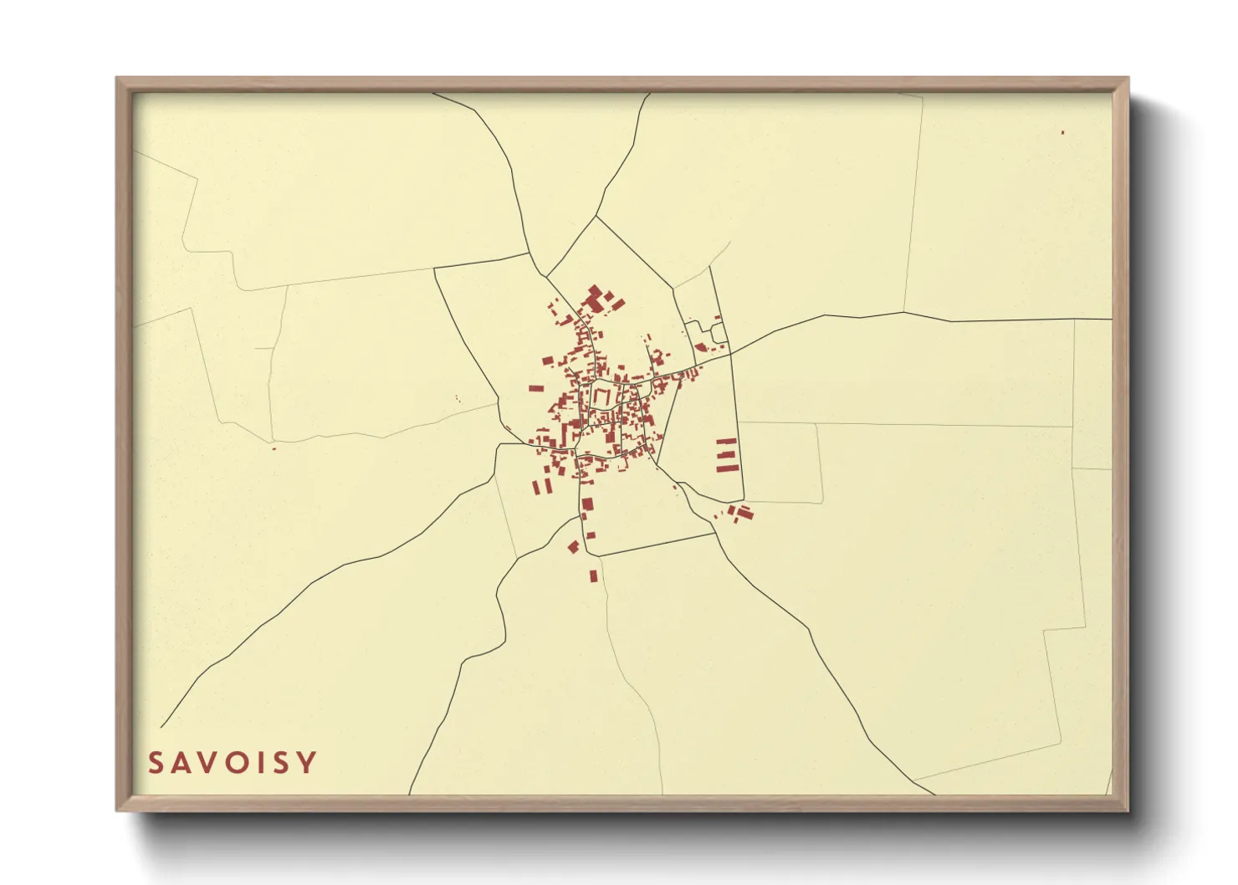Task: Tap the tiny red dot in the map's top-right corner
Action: [x=1062, y=132]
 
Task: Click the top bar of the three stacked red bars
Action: [x=726, y=440]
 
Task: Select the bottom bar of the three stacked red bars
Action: [x=726, y=468]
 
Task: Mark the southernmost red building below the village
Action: [x=593, y=576]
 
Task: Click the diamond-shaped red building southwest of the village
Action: [x=573, y=547]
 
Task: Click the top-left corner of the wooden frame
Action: [x=117, y=79]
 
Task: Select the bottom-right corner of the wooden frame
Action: [x=1128, y=810]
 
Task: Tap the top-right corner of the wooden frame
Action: [x=1128, y=79]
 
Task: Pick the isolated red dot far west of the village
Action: [x=274, y=448]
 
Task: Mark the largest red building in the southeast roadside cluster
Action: [x=744, y=512]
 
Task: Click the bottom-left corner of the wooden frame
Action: [x=117, y=810]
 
